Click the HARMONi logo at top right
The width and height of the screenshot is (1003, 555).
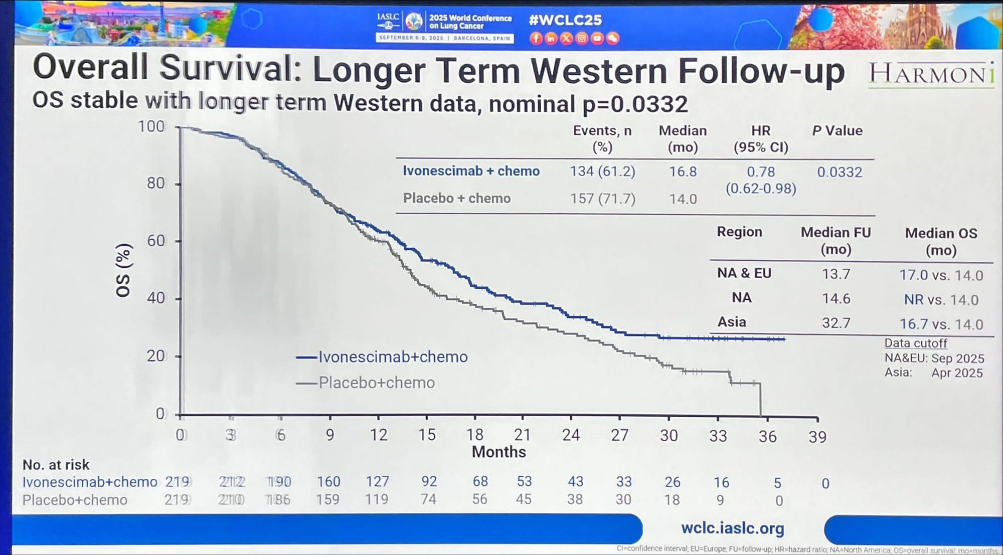tap(931, 75)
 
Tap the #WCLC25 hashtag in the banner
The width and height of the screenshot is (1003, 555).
tap(565, 20)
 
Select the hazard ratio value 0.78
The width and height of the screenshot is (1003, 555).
tap(761, 172)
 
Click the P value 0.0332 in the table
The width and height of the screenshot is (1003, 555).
tap(840, 172)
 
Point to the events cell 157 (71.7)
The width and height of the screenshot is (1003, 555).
tap(602, 199)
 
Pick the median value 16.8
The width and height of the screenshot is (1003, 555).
tap(683, 172)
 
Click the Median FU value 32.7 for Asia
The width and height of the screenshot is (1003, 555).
tap(836, 323)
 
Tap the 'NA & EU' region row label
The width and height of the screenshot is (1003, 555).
tap(744, 273)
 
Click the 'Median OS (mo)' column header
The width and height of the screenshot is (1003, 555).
tap(941, 241)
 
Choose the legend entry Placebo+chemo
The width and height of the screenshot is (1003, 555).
tap(377, 383)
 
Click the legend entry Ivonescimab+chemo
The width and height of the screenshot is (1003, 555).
tap(393, 357)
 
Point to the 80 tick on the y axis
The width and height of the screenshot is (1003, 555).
tap(155, 183)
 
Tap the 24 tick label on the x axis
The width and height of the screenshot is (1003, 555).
tap(571, 435)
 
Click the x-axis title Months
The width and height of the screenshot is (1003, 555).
tap(498, 452)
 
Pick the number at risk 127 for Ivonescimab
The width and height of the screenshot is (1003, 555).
tap(377, 481)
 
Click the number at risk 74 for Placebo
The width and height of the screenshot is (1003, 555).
tap(428, 499)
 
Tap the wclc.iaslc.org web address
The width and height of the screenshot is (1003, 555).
tap(732, 528)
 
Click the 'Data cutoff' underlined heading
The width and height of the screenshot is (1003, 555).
tap(915, 343)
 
